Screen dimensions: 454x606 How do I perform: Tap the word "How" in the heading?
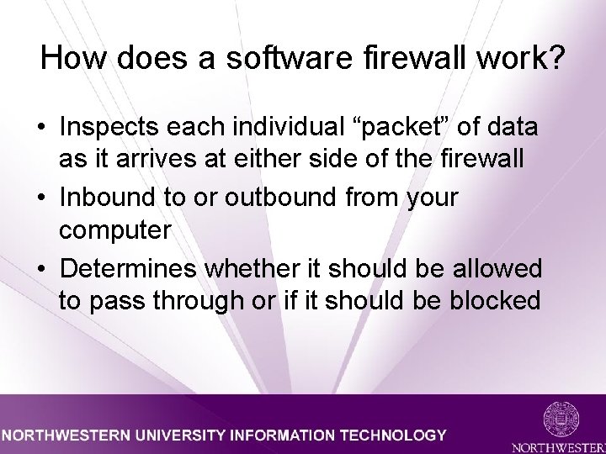click(x=67, y=58)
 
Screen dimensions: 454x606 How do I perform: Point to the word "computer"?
click(x=114, y=230)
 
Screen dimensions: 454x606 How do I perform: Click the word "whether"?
click(x=262, y=269)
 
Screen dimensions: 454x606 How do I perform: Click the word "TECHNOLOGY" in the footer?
click(x=391, y=436)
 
